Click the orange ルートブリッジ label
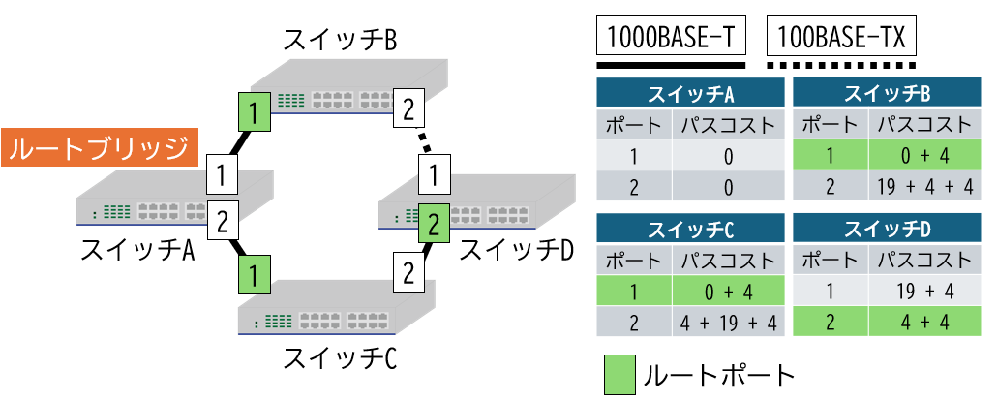pyautogui.click(x=101, y=148)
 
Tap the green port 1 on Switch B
pyautogui.click(x=252, y=113)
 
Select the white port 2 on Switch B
pyautogui.click(x=408, y=108)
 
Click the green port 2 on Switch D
pyautogui.click(x=434, y=225)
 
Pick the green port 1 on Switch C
pyautogui.click(x=253, y=275)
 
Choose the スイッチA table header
pyautogui.click(x=689, y=94)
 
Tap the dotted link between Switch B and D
pyautogui.click(x=422, y=147)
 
